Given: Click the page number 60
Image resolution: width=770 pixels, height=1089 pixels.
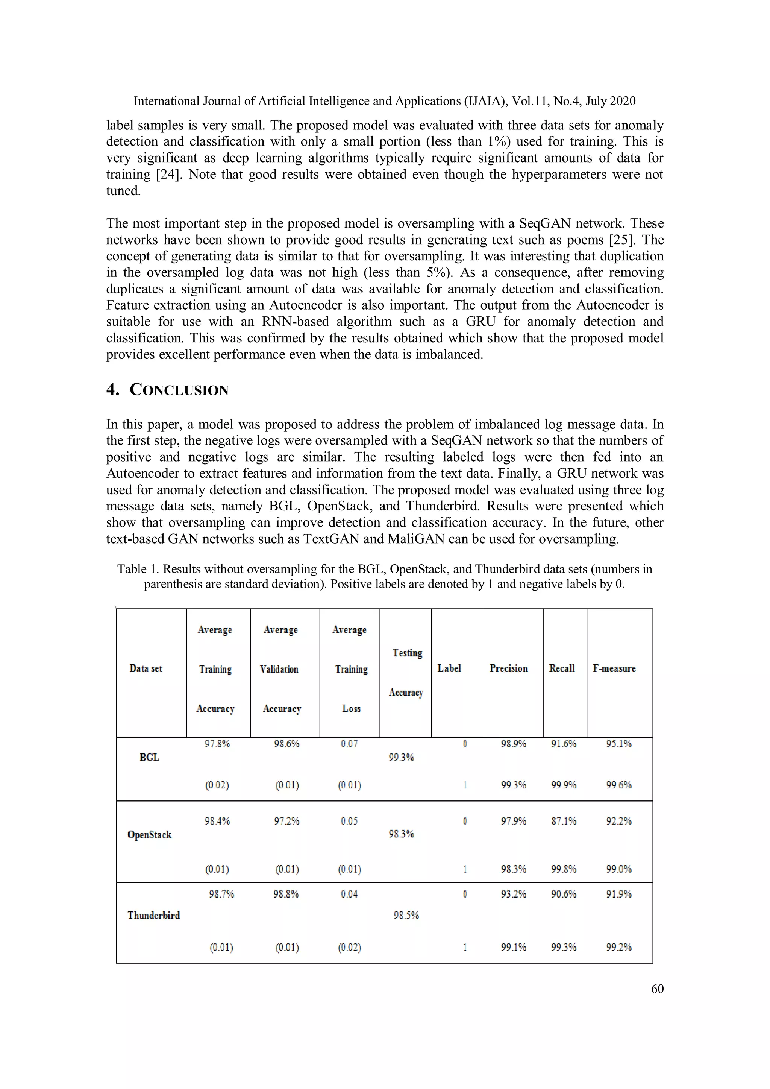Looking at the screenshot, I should [657, 989].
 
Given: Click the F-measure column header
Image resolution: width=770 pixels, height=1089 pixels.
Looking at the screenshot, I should [614, 668].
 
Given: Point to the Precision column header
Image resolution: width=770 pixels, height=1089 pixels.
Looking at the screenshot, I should [508, 668].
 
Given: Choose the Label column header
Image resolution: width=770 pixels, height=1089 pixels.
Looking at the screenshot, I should [449, 668].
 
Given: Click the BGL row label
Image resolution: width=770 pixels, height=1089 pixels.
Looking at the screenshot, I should [149, 758].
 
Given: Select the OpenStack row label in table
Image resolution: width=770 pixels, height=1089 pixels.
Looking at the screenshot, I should [149, 835].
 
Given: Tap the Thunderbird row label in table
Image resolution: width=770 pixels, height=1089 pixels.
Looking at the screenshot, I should [154, 916].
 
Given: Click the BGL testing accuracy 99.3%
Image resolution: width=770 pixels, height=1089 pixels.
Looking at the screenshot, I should [401, 758].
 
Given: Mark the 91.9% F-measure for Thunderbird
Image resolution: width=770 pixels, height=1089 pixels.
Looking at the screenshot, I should [619, 894].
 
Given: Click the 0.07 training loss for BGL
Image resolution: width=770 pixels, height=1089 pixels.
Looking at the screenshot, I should [349, 744].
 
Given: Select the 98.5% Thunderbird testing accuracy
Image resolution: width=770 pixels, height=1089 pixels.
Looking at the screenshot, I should [406, 916].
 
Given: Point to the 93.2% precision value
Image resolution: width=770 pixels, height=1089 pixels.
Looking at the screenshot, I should [514, 894].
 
